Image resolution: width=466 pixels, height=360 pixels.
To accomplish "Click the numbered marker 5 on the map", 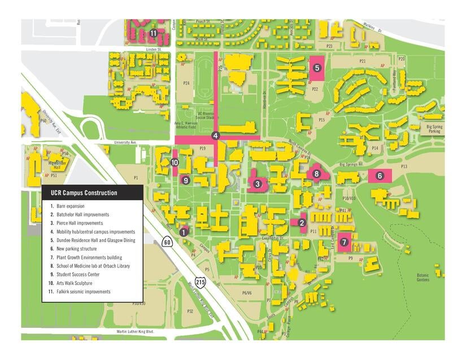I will pyautogui.click(x=317, y=68).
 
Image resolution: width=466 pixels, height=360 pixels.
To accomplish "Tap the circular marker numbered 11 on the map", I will pyautogui.click(x=153, y=33).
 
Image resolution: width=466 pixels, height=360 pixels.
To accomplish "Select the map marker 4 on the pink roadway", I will pyautogui.click(x=215, y=136).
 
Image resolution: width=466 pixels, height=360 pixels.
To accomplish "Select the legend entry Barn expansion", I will pyautogui.click(x=67, y=206).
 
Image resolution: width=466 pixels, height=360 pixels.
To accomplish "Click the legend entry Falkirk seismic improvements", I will pyautogui.click(x=84, y=292).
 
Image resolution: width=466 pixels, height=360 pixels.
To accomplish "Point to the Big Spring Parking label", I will pyautogui.click(x=434, y=129).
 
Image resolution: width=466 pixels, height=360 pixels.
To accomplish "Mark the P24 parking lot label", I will pyautogui.click(x=186, y=83).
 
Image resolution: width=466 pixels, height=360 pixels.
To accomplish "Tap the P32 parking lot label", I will pyautogui.click(x=190, y=311).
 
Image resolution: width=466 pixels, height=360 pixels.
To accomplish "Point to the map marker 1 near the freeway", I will pyautogui.click(x=184, y=231).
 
